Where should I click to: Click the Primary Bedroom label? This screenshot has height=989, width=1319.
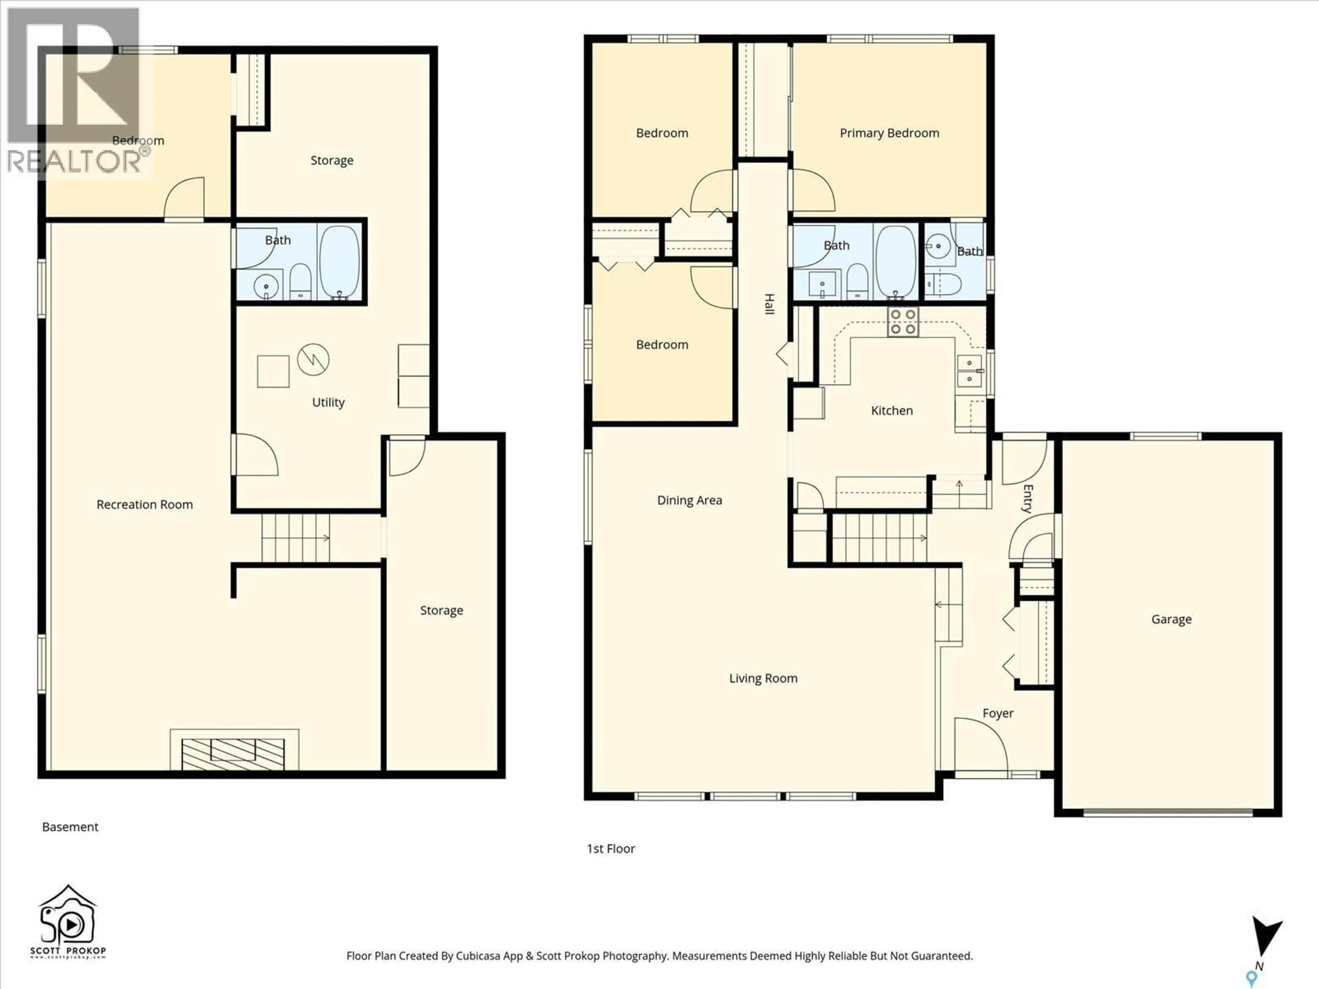(889, 133)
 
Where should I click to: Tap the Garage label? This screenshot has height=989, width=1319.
(1171, 619)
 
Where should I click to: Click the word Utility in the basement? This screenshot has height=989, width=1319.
(328, 402)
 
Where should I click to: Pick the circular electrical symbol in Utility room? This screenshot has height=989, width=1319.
(313, 360)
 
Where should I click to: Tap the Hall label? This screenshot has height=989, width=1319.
(769, 304)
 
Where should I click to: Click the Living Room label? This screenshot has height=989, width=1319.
(763, 679)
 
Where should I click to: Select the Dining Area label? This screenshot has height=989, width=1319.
(689, 500)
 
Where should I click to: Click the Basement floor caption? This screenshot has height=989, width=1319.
(70, 827)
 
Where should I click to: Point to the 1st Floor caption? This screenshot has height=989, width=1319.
(611, 848)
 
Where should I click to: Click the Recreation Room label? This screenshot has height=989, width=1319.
(144, 505)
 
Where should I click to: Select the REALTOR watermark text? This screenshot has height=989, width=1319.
(75, 161)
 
